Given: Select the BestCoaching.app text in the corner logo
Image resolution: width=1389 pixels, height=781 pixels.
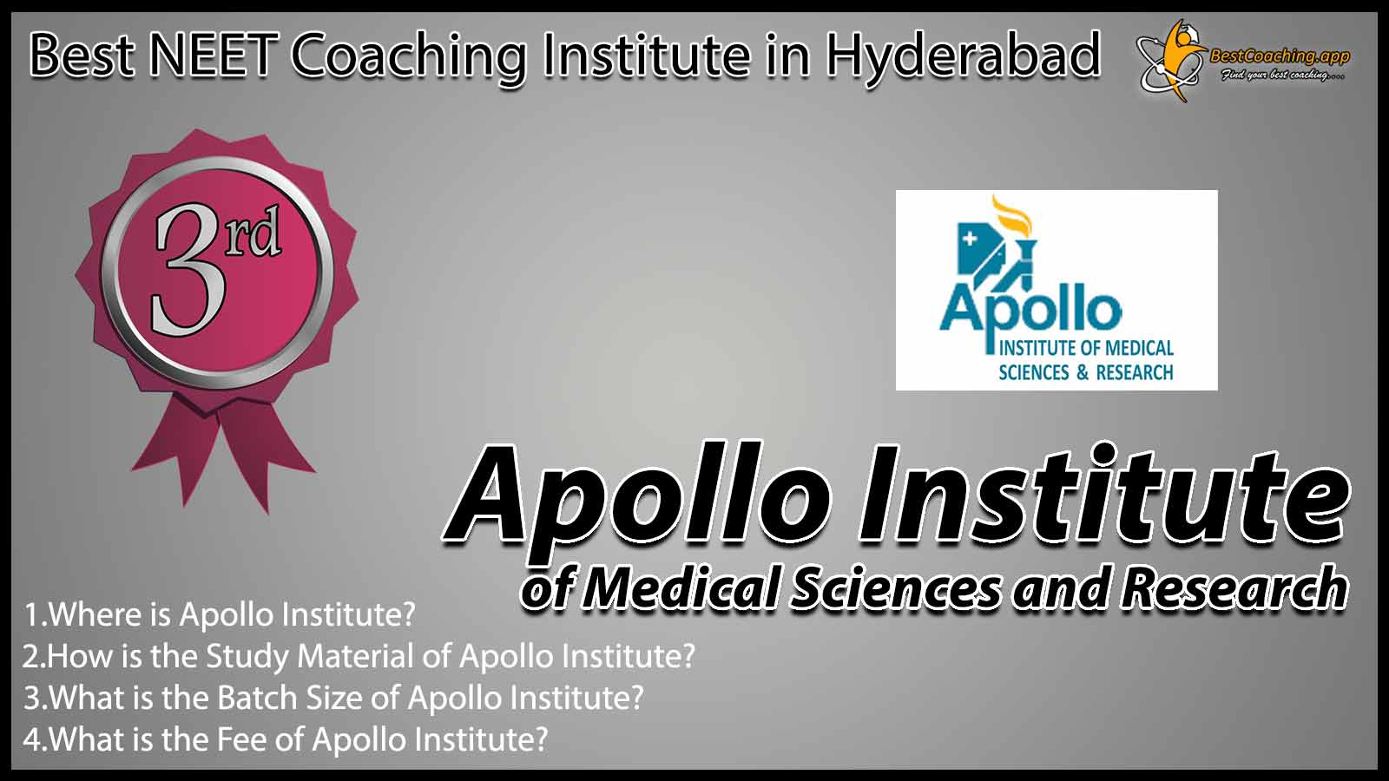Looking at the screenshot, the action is click(1280, 56).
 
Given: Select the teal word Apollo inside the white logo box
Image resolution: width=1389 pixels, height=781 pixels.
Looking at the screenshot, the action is click(1030, 310).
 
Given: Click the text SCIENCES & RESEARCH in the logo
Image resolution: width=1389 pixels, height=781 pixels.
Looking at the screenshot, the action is click(1086, 372).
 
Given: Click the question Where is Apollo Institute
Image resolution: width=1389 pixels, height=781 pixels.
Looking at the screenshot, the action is click(219, 615).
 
